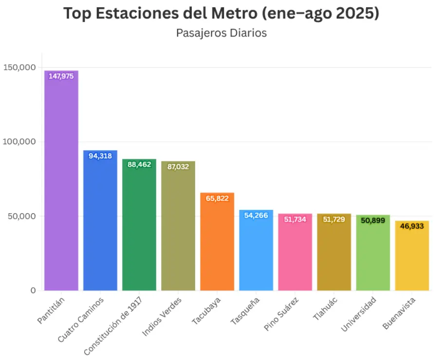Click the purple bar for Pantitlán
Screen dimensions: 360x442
tap(61, 185)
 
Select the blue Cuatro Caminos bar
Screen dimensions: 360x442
tap(100, 224)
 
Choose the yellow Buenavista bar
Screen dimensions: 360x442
tap(412, 258)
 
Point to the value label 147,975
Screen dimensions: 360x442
tap(61, 76)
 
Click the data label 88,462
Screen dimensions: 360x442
tap(139, 165)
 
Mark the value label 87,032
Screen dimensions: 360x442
tap(178, 167)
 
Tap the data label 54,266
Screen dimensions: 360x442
tap(256, 215)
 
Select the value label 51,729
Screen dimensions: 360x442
tap(334, 219)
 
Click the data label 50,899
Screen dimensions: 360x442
tap(373, 220)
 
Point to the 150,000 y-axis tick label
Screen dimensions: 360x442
tap(19, 67)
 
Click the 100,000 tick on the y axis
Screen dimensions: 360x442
tap(19, 142)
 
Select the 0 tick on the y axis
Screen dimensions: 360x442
tap(33, 290)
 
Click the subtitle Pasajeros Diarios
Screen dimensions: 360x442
tap(221, 33)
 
